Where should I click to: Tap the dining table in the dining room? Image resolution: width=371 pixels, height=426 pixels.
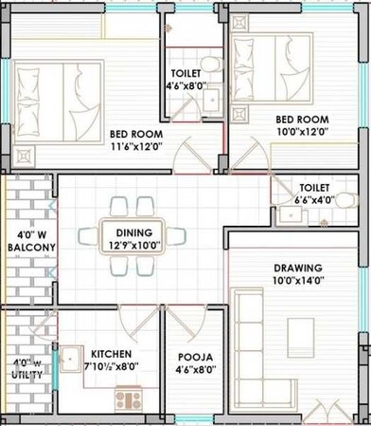pyautogui.click(x=133, y=237)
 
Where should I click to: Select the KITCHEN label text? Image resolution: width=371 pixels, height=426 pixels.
pyautogui.click(x=112, y=352)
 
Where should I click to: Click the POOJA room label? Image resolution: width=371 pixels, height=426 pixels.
pyautogui.click(x=195, y=358)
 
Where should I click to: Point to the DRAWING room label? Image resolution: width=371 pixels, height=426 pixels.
pyautogui.click(x=298, y=268)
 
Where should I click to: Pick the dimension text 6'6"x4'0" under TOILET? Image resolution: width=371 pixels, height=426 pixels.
pyautogui.click(x=313, y=201)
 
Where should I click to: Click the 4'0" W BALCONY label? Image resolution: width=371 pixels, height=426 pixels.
pyautogui.click(x=30, y=240)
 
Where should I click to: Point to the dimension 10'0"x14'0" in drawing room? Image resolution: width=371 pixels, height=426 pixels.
pyautogui.click(x=298, y=281)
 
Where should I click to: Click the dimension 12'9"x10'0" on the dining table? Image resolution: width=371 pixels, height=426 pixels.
pyautogui.click(x=133, y=244)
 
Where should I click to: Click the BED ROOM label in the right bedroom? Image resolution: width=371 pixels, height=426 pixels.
pyautogui.click(x=302, y=120)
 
